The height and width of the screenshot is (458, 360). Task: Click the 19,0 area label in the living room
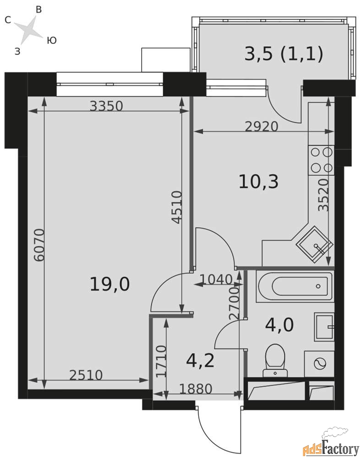[x=109, y=284]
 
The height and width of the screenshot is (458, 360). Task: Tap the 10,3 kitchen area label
[x=259, y=182]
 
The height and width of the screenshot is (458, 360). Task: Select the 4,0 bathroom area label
[x=279, y=325]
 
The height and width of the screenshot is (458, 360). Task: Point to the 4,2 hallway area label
[x=201, y=360]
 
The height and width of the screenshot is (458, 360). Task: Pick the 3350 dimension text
[x=106, y=106]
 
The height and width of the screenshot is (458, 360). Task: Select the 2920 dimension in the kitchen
[x=262, y=126]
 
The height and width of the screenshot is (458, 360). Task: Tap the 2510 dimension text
[x=86, y=376]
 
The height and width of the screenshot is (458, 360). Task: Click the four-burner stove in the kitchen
[x=321, y=160]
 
